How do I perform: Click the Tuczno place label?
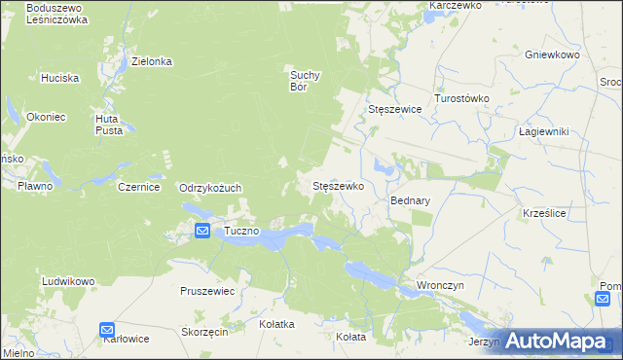point(240,231)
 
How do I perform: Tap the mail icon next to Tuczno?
point(202,231)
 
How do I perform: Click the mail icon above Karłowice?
point(107,330)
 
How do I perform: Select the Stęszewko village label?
point(337,185)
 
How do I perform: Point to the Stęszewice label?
point(394,110)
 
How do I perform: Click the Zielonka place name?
point(152,61)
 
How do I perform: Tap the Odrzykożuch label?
point(209,188)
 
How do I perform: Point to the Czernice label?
point(137,187)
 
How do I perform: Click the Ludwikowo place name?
point(67,281)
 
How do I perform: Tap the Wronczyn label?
point(439,285)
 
